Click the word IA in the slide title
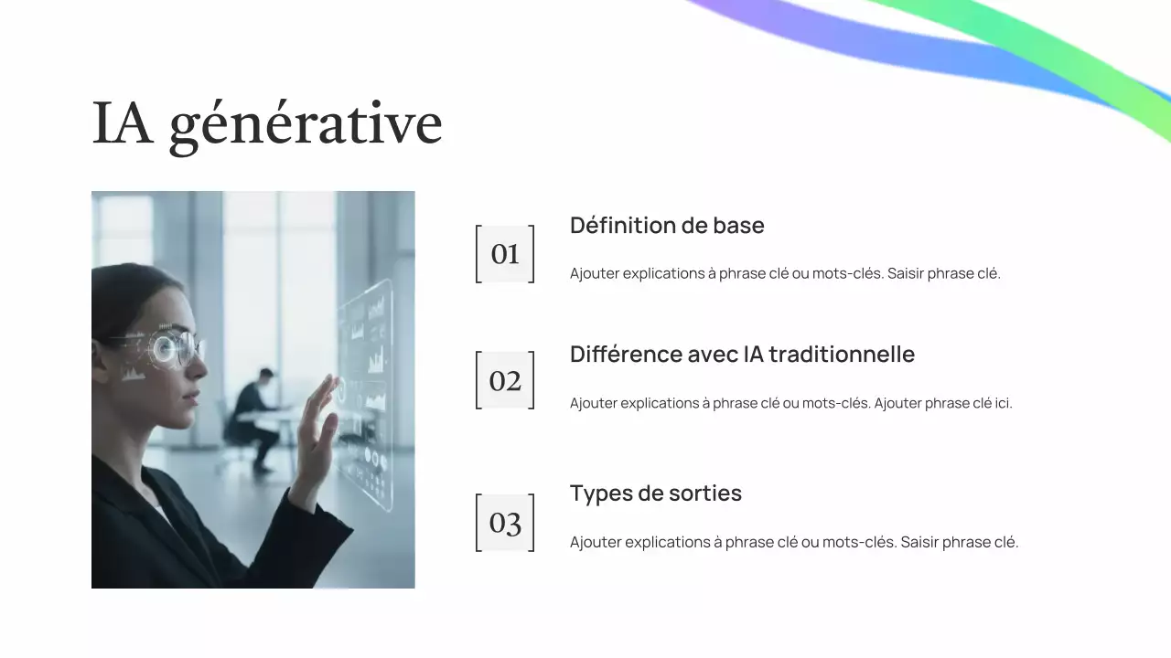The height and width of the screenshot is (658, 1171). click(x=122, y=123)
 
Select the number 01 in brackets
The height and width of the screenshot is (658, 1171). click(x=505, y=254)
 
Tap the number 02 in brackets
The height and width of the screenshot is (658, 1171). click(x=505, y=380)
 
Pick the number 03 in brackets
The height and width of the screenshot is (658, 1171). click(x=505, y=523)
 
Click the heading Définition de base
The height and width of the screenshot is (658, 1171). click(x=667, y=226)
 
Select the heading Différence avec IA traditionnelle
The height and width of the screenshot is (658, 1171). click(x=742, y=355)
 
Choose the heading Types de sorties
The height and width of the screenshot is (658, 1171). click(x=655, y=493)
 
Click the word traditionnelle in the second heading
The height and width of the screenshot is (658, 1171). click(x=841, y=355)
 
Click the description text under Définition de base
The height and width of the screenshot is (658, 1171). click(x=785, y=273)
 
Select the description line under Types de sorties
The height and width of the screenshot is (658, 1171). click(x=793, y=542)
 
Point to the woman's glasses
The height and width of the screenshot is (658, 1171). click(x=174, y=348)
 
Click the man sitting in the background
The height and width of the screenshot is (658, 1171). click(x=256, y=416)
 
